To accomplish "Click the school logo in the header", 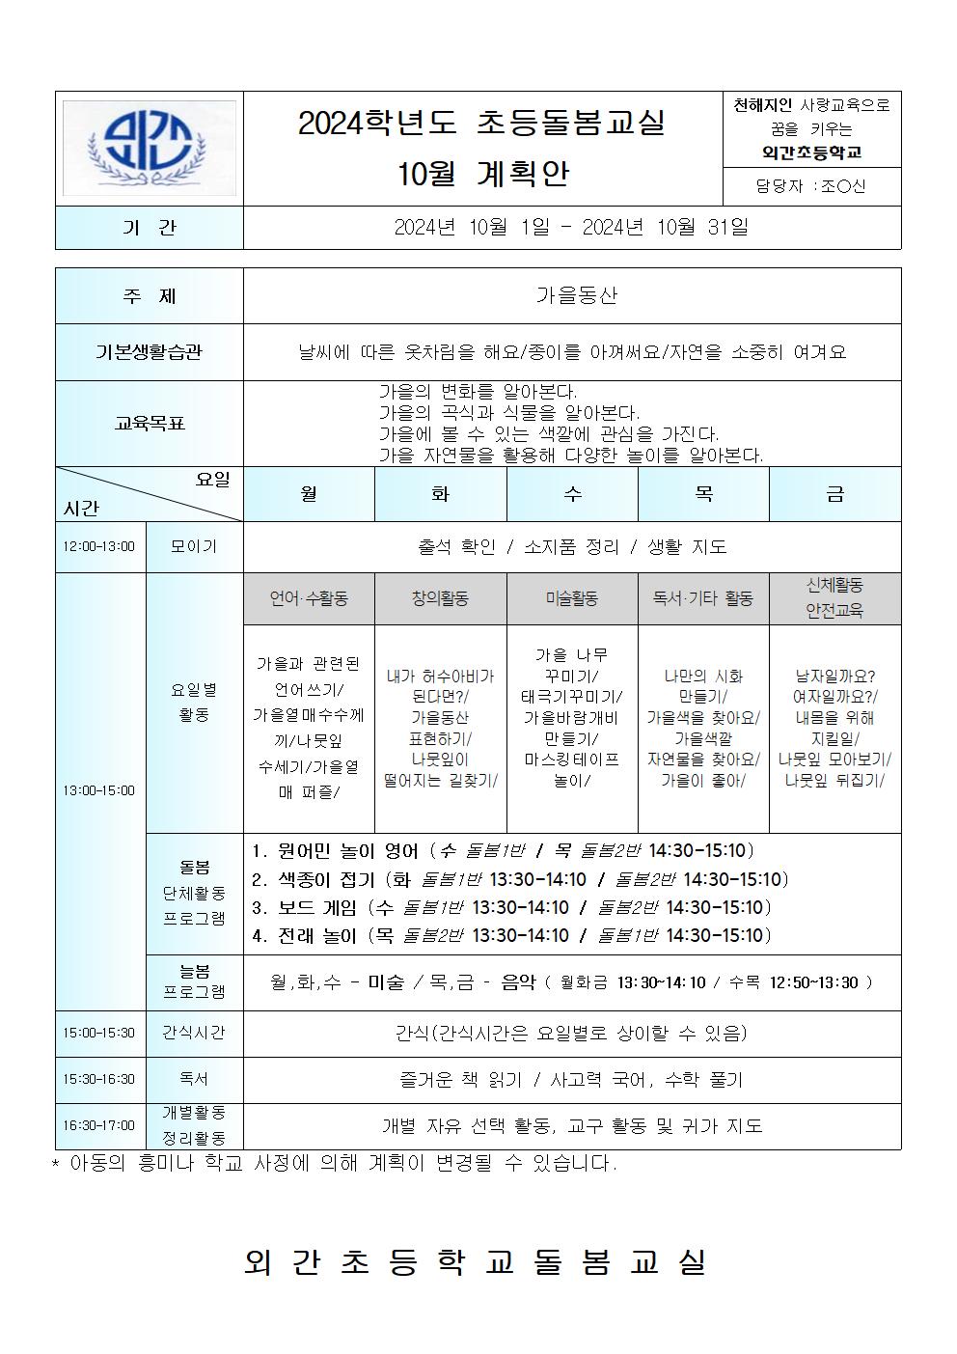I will coord(149,148).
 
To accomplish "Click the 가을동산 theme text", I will coord(576,295).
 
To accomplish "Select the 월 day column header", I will coord(309,494).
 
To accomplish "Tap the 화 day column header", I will coord(440,494).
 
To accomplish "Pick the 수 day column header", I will coord(572,494).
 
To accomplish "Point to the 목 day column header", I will coord(703,494).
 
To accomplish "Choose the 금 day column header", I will coord(834,494).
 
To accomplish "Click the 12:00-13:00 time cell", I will coord(99,547).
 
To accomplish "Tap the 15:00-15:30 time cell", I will coord(99,1033).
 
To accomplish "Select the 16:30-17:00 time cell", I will coord(99,1125).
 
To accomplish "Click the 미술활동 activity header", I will coord(572,598).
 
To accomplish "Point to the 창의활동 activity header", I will coord(440,598).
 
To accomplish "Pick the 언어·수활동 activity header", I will coord(309,598).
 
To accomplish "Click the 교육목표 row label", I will coord(150,423).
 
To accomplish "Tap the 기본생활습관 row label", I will coord(150,352).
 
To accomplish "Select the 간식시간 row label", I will coord(194,1033).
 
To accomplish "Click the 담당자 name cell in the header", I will coord(811,186).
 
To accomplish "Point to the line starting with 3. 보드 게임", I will coord(511,907).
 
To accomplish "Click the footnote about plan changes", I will coord(334,1164).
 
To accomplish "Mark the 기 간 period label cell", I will coord(150,228).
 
